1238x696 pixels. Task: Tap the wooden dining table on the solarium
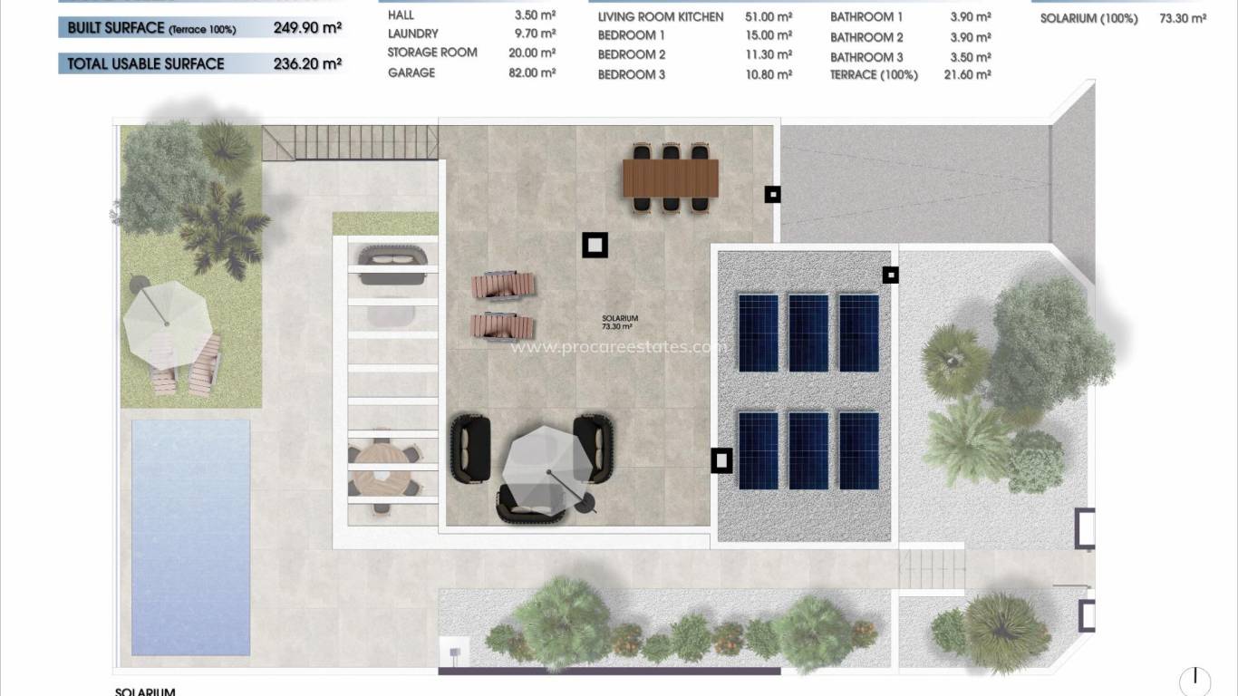coord(670,177)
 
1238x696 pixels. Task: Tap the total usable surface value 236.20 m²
coord(307,64)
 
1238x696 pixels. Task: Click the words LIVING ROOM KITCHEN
coord(661,16)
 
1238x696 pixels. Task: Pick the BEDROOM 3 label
coord(632,74)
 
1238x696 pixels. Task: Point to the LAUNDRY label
coord(412,34)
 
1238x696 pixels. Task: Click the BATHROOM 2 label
coord(866,37)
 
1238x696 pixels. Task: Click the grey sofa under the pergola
coord(392,265)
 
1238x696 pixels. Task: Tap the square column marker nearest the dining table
coord(772,194)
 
